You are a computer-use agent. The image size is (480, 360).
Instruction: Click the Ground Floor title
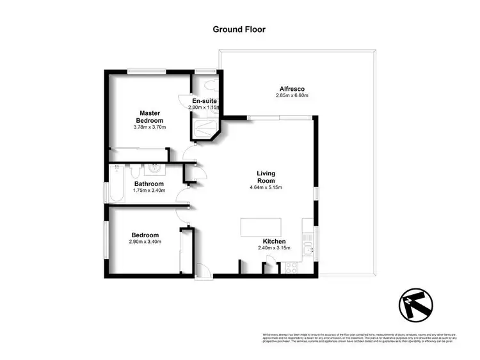(x=239, y=29)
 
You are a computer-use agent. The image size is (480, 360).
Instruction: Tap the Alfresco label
(x=291, y=88)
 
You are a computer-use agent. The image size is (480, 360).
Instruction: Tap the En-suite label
(x=204, y=101)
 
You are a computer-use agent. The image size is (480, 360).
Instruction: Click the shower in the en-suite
(x=205, y=129)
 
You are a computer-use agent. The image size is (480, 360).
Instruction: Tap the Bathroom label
(x=149, y=184)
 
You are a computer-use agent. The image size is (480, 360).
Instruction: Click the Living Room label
(x=266, y=176)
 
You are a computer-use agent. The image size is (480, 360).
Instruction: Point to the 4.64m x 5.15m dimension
(x=266, y=187)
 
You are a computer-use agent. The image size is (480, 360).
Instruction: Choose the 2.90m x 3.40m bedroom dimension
(x=145, y=242)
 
